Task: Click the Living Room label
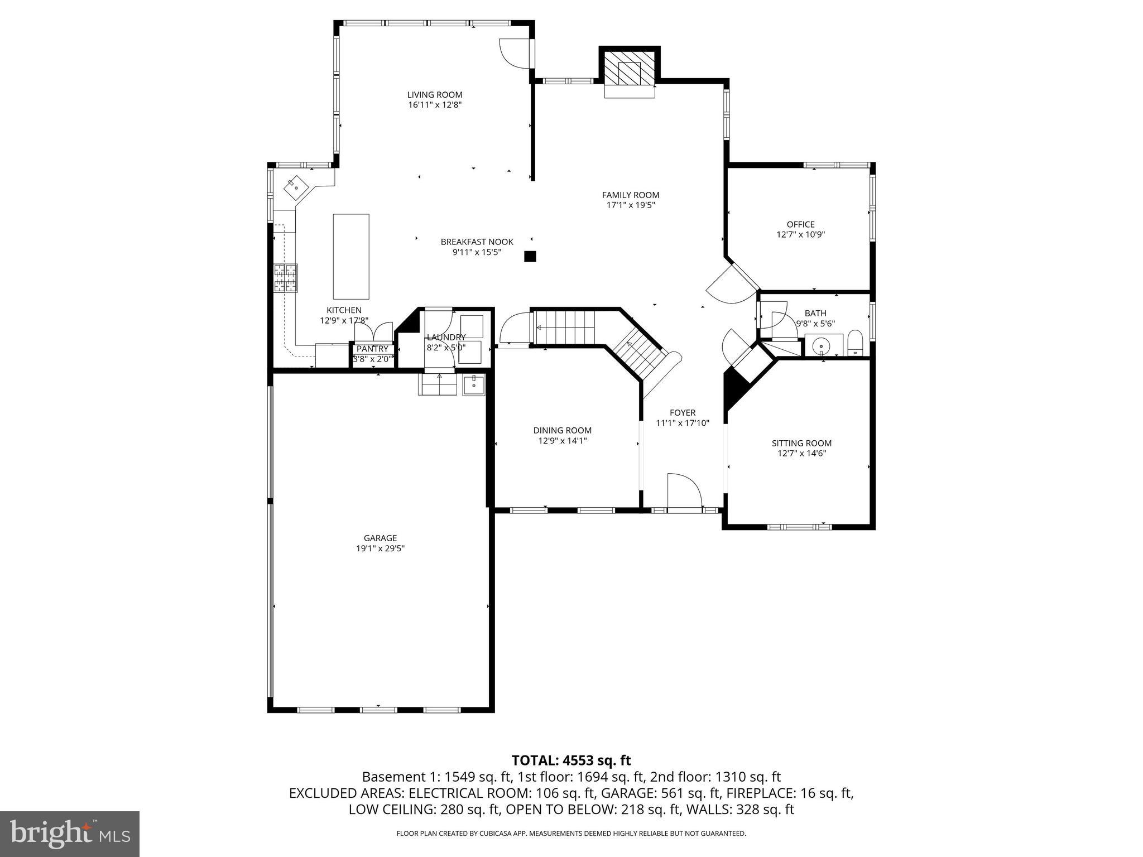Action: (434, 95)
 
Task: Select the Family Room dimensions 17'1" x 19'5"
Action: (630, 205)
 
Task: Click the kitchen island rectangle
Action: (351, 256)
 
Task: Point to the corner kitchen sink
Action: (295, 187)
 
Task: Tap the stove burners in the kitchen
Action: (285, 278)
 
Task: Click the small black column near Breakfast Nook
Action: (530, 256)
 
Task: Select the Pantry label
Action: (372, 349)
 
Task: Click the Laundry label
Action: (445, 337)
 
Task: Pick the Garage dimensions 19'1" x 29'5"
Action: (380, 548)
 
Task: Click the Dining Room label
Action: (562, 430)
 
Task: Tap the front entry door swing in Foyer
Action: (683, 491)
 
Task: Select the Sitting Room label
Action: (801, 443)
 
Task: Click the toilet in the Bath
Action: (854, 344)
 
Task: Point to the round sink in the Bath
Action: (822, 346)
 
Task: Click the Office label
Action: (800, 224)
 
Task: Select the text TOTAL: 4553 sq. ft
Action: (571, 760)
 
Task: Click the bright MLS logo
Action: (69, 834)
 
